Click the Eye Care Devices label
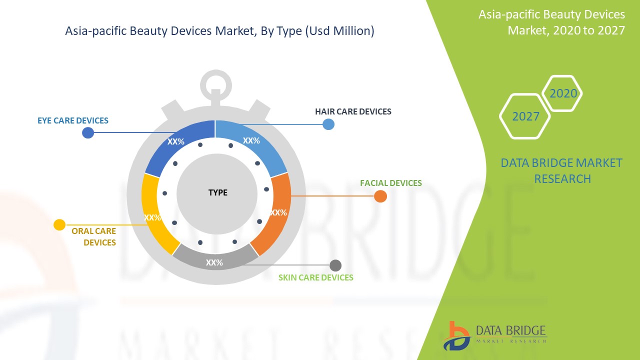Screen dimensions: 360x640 (x=73, y=120)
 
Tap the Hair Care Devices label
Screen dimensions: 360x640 (x=353, y=111)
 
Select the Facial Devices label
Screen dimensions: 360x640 (x=391, y=183)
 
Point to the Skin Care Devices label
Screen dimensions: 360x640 (x=315, y=277)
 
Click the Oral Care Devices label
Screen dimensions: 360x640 (x=94, y=237)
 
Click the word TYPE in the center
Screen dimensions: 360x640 (x=217, y=192)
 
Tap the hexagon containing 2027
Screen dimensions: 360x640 (x=525, y=116)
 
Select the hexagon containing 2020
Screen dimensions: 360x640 (x=562, y=93)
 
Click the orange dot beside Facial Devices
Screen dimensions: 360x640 (x=380, y=196)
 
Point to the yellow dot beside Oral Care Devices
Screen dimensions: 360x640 (x=59, y=225)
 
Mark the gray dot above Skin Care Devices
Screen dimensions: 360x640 (x=335, y=265)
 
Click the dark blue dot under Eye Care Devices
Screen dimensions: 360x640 (x=88, y=132)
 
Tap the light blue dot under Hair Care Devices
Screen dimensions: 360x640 (x=328, y=124)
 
